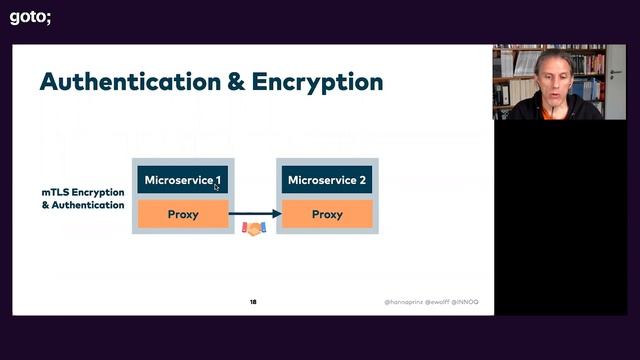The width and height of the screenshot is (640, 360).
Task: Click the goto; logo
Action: [x=30, y=16]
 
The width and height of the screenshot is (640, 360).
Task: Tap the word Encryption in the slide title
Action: [x=322, y=82]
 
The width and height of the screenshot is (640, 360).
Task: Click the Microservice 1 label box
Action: [x=183, y=180]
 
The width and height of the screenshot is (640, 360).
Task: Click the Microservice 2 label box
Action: [x=327, y=180]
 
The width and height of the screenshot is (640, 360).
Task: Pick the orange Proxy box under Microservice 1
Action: [x=183, y=214]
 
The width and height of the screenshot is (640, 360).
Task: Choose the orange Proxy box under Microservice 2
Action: [x=327, y=214]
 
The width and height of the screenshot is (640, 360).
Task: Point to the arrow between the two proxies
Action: [x=255, y=214]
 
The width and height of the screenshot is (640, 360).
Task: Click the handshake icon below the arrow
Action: [x=254, y=229]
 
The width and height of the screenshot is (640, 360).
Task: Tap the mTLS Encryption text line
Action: [x=83, y=191]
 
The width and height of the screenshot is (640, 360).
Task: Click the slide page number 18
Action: [x=253, y=301]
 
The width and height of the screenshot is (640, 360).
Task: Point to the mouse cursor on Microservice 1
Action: [x=217, y=187]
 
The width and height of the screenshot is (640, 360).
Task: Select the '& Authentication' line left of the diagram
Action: [x=83, y=205]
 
